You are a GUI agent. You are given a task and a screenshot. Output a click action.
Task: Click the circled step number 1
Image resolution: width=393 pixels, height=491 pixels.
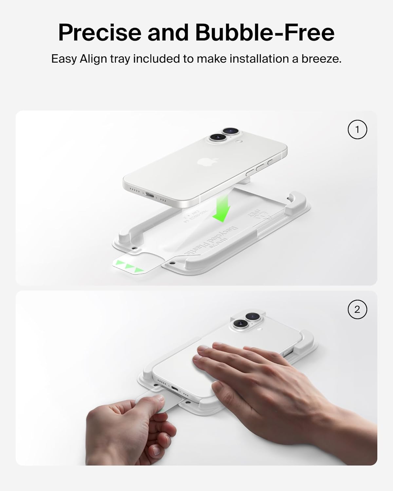tap(357, 130)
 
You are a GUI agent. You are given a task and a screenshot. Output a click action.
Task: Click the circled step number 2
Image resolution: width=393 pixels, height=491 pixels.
tap(357, 309)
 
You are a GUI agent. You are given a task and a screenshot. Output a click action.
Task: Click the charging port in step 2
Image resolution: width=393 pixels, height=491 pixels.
tap(175, 390)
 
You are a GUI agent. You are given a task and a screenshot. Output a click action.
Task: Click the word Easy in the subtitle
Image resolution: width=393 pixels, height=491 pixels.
tap(64, 59)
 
